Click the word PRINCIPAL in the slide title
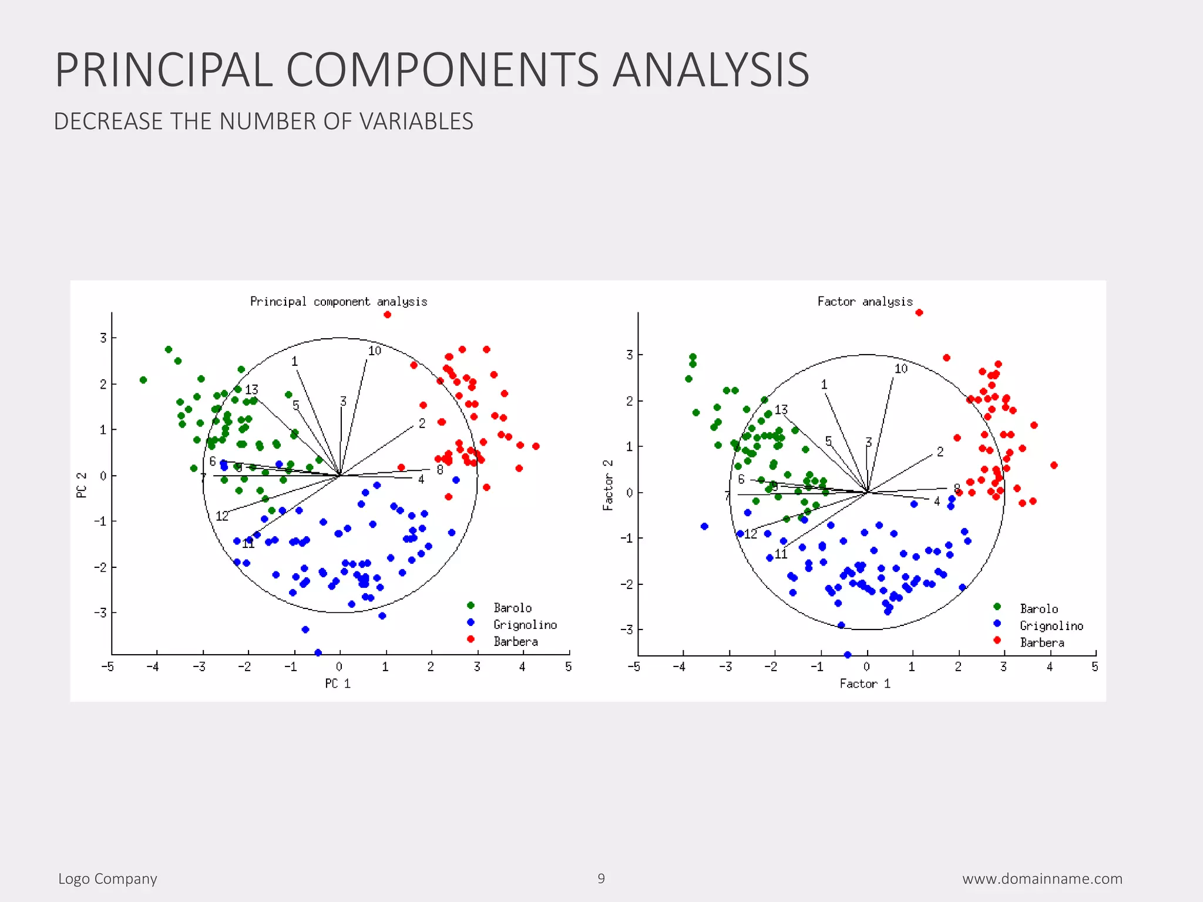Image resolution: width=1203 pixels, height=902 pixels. (163, 70)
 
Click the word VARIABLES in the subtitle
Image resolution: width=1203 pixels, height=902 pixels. (416, 122)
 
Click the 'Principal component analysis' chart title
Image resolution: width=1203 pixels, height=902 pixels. (338, 302)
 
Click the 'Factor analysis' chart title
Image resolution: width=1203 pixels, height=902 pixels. (865, 302)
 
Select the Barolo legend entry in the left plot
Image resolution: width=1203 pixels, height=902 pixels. (512, 608)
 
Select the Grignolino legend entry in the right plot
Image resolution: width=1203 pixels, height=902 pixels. (1051, 626)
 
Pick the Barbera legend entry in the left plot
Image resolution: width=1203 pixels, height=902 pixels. (515, 642)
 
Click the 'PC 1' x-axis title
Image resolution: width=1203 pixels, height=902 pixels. (338, 684)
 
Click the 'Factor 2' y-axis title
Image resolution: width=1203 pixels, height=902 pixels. (608, 485)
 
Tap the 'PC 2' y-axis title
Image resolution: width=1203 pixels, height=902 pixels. (82, 485)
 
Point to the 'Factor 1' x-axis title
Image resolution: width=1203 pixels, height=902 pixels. (865, 684)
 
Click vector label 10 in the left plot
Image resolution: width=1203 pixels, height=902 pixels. (374, 351)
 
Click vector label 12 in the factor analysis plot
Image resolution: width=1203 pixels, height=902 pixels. (751, 534)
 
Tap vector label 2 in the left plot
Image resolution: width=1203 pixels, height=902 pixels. (422, 423)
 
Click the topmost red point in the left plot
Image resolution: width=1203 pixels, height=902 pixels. (387, 315)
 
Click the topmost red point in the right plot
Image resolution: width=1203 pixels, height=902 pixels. (919, 312)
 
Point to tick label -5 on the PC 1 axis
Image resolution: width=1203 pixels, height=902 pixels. (107, 667)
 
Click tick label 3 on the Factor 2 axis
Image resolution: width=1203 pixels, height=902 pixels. (629, 355)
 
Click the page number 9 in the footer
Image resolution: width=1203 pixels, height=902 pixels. (601, 879)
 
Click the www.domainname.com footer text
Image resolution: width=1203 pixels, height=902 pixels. (1042, 879)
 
